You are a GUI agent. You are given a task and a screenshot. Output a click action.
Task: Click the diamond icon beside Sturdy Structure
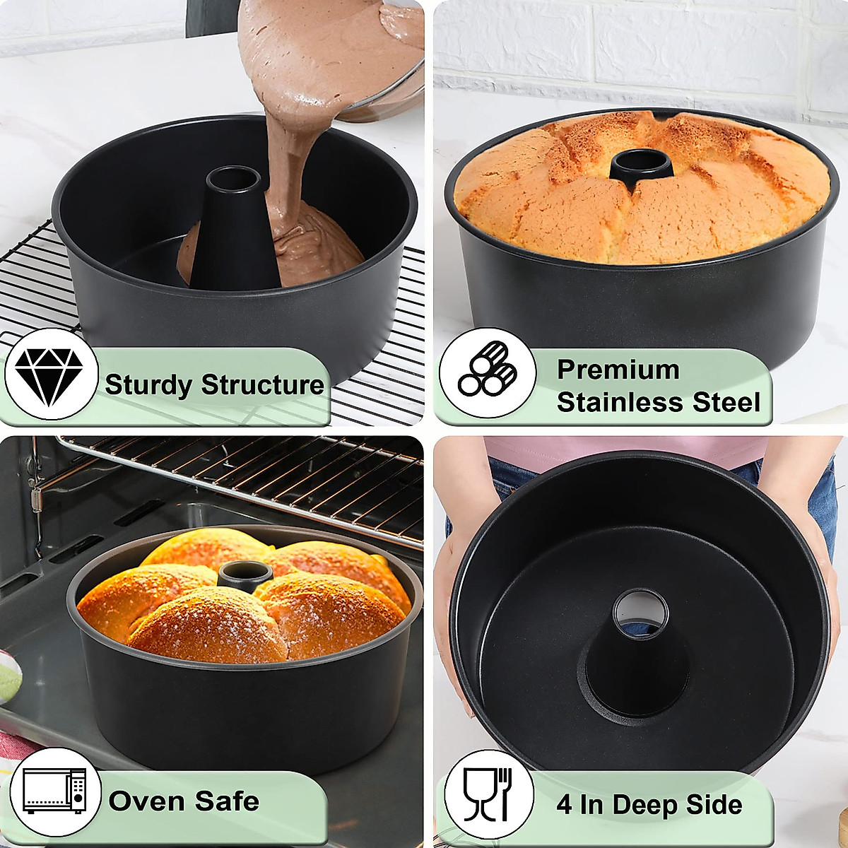pyautogui.click(x=49, y=375)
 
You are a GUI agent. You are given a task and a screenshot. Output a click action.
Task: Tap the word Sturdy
pyautogui.click(x=148, y=385)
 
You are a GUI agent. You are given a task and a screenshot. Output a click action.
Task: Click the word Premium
pyautogui.click(x=618, y=370)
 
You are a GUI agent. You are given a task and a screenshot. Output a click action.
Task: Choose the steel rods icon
pyautogui.click(x=487, y=372)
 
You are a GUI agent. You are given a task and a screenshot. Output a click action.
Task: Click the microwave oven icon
pyautogui.click(x=55, y=791)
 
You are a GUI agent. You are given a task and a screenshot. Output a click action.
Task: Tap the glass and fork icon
pyautogui.click(x=488, y=795)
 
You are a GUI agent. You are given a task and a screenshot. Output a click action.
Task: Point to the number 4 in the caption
pyautogui.click(x=564, y=805)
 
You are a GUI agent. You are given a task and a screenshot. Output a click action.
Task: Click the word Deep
pyautogui.click(x=643, y=806)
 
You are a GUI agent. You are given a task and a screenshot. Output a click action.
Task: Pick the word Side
pyautogui.click(x=714, y=805)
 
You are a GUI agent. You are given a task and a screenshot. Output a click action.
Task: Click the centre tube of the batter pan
pyautogui.click(x=234, y=226)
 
